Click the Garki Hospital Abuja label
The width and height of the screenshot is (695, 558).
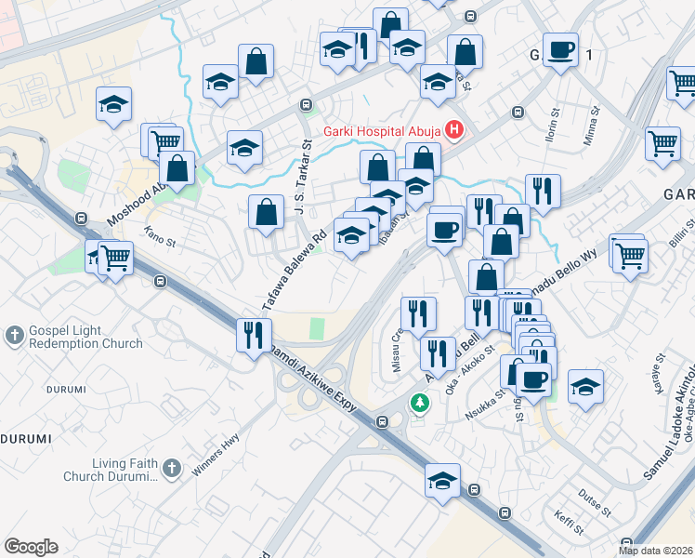pos(382,130)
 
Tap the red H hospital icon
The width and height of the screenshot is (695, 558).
pos(454,129)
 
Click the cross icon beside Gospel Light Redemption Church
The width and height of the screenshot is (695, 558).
pos(14,335)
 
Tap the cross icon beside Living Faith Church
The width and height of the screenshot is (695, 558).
pos(171,468)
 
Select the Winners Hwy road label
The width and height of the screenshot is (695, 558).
pos(216,453)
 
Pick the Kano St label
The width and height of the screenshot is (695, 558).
pos(160,240)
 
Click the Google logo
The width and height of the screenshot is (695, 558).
pos(31,546)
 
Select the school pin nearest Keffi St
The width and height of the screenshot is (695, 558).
pos(443,482)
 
